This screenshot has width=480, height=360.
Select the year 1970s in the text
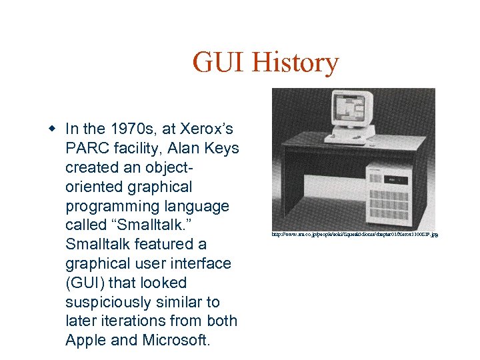(x=131, y=129)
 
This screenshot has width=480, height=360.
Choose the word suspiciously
(x=109, y=302)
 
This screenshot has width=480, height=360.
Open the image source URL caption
(x=354, y=235)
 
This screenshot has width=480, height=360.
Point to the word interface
(x=199, y=263)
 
